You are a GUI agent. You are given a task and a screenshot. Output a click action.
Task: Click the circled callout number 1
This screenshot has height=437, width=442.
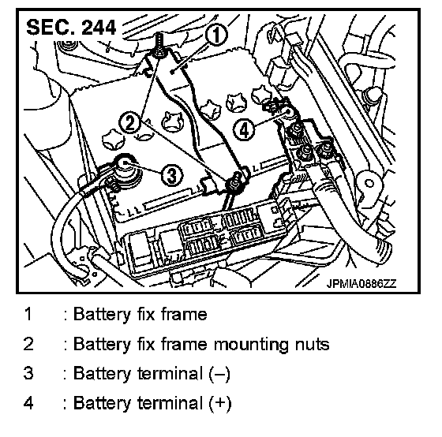pyautogui.click(x=216, y=35)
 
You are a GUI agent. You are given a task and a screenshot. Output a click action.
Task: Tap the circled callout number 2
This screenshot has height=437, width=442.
pyautogui.click(x=130, y=123)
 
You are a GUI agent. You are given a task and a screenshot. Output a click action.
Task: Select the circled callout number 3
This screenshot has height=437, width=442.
pyautogui.click(x=172, y=175)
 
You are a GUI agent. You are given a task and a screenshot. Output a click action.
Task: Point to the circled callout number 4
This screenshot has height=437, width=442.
pyautogui.click(x=244, y=130)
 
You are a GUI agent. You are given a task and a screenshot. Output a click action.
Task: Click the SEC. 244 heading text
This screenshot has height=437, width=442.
pyautogui.click(x=71, y=28)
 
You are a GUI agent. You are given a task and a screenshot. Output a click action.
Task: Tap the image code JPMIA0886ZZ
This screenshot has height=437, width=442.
pyautogui.click(x=361, y=283)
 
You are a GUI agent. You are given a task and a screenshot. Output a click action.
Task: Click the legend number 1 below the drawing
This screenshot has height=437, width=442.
pyautogui.click(x=28, y=314)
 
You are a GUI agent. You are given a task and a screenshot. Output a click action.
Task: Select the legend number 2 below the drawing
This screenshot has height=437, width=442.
pyautogui.click(x=28, y=344)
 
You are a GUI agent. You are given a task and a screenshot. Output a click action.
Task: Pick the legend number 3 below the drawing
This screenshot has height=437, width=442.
pyautogui.click(x=28, y=373)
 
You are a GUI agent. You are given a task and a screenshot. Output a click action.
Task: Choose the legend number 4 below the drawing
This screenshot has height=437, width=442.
pyautogui.click(x=28, y=402)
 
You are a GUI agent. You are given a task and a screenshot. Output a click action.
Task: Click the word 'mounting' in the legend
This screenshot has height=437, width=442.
pyautogui.click(x=251, y=345)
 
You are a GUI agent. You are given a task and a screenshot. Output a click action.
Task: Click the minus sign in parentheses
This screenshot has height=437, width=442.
pyautogui.click(x=219, y=374)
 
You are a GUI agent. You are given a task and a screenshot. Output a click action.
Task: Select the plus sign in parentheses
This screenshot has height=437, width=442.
pyautogui.click(x=220, y=403)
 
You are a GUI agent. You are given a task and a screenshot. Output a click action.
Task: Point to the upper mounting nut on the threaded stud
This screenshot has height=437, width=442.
pyautogui.click(x=159, y=53)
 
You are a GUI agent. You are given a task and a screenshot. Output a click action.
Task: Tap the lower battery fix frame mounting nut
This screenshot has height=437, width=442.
pyautogui.click(x=234, y=185)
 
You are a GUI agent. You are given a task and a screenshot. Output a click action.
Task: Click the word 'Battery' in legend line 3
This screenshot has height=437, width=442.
pyautogui.click(x=102, y=374)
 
